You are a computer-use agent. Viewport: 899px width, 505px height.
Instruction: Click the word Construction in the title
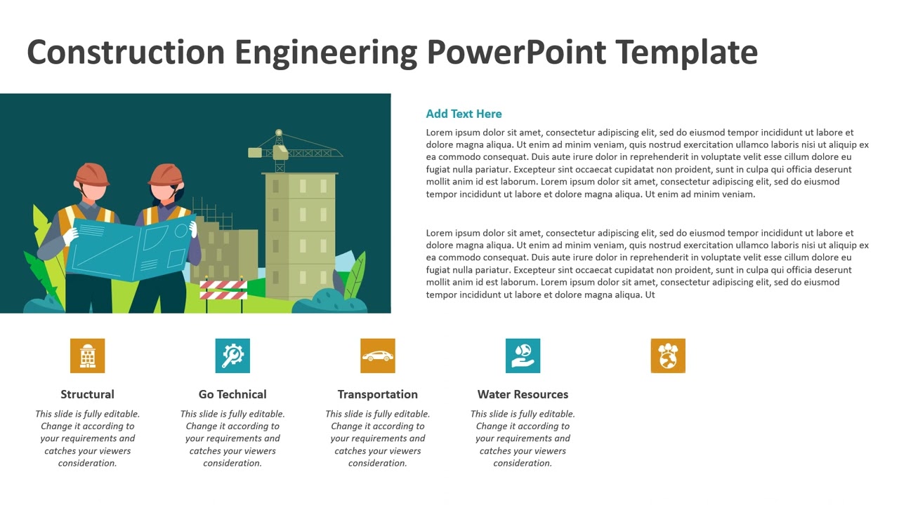click(124, 53)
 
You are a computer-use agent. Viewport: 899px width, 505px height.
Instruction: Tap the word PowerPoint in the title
click(516, 53)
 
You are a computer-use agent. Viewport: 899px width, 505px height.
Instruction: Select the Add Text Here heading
click(464, 114)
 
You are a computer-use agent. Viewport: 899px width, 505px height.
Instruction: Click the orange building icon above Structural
click(88, 356)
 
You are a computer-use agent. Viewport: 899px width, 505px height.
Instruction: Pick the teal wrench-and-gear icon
click(232, 356)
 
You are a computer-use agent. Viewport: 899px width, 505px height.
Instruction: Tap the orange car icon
click(378, 356)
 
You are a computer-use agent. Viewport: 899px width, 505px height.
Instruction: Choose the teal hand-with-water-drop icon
click(523, 356)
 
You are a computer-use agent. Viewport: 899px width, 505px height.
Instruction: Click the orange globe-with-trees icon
click(668, 356)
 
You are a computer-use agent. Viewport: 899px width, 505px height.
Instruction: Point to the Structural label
click(87, 394)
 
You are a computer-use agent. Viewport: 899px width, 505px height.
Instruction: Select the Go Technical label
click(232, 394)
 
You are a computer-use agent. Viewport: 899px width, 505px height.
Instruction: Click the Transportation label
click(378, 394)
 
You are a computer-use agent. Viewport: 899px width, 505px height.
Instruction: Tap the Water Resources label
click(523, 394)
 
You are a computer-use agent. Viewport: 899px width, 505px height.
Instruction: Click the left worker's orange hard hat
click(92, 174)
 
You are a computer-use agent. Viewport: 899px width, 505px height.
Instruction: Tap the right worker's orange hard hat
click(166, 175)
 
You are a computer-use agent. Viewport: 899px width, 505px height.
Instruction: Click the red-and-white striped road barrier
click(223, 290)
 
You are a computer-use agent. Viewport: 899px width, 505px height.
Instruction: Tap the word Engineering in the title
click(325, 53)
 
